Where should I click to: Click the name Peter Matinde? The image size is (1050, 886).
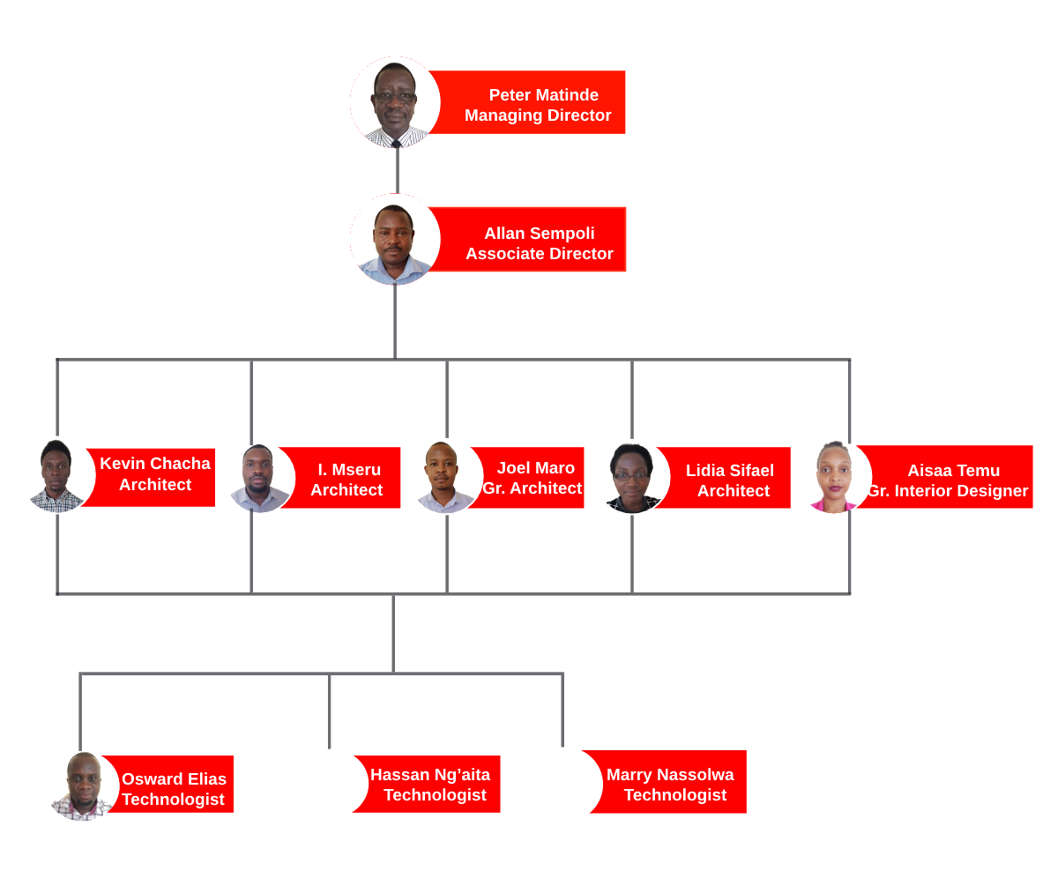[x=543, y=95]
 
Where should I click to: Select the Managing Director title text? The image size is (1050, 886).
[x=538, y=115]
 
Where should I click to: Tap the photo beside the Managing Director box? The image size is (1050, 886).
[x=395, y=101]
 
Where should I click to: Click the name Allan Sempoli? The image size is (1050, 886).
[x=540, y=234]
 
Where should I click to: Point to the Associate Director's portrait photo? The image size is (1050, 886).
[x=395, y=239]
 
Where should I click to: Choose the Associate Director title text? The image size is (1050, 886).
[x=540, y=254]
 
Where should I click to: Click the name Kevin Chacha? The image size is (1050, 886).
[x=155, y=464]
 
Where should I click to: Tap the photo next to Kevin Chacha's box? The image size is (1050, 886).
[x=56, y=476]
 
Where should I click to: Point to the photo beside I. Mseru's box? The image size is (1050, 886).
[x=257, y=479]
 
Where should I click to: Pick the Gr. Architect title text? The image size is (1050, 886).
[x=532, y=488]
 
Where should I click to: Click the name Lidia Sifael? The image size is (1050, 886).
[x=729, y=471]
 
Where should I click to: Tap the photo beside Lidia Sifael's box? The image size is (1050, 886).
[x=632, y=478]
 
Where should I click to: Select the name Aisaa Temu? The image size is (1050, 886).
[x=953, y=471]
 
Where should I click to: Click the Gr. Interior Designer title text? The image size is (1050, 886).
[x=949, y=491]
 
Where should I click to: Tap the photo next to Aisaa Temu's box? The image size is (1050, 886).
[x=831, y=478]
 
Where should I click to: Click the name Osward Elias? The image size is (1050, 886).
[x=174, y=779]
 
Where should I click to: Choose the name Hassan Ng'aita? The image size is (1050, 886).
[x=430, y=775]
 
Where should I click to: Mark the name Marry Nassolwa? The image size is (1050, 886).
[x=670, y=775]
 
